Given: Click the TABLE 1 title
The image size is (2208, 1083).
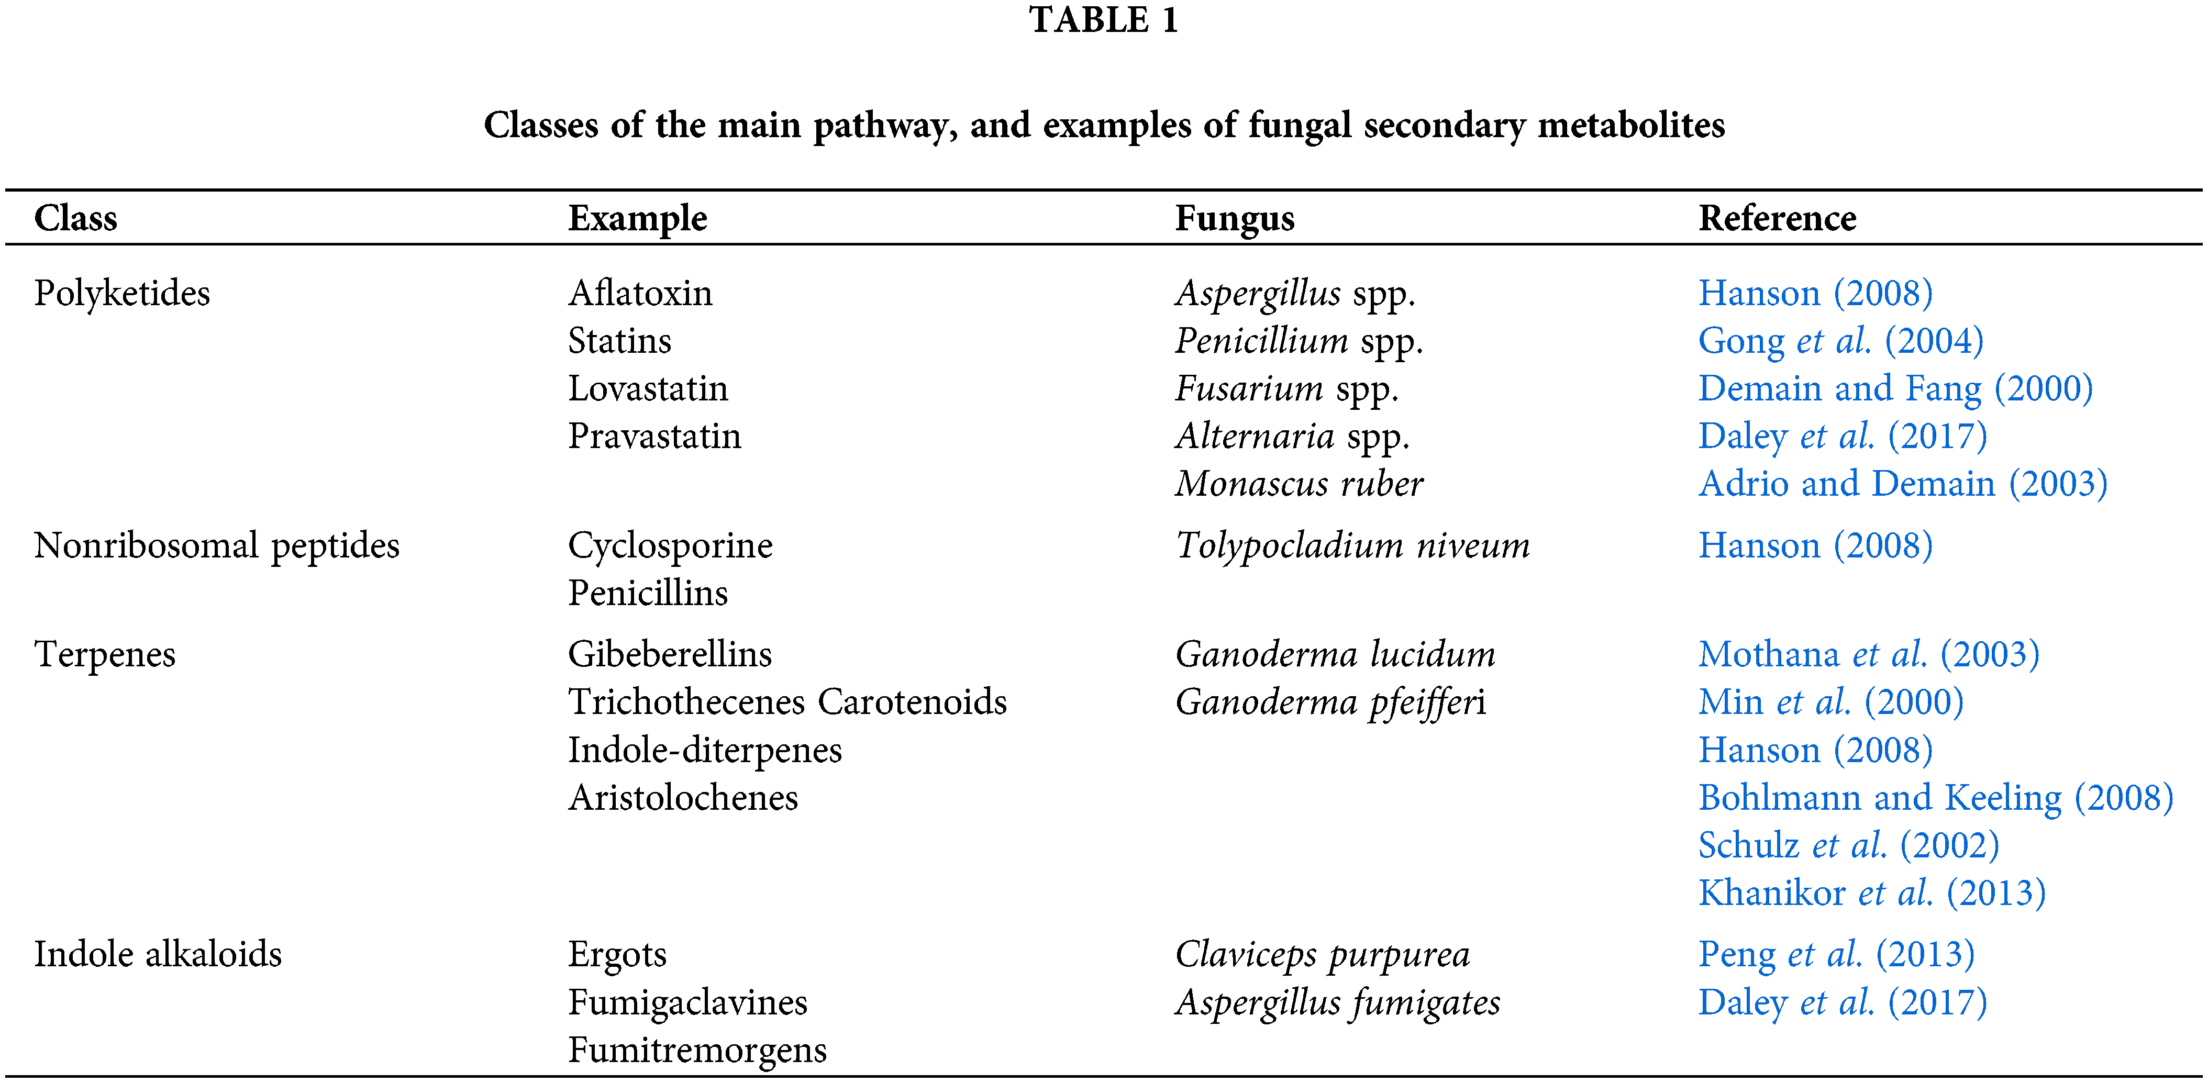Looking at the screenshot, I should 1103,20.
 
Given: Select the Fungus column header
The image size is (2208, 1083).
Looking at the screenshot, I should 1234,218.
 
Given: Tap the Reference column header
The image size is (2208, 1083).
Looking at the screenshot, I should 1777,218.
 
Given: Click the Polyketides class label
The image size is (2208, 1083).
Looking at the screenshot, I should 121,294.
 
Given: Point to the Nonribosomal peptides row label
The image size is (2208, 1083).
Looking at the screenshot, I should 217,546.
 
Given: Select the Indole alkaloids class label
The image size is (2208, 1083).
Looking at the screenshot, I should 158,954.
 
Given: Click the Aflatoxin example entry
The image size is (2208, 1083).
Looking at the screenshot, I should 639,294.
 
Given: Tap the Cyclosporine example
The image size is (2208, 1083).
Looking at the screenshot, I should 670,546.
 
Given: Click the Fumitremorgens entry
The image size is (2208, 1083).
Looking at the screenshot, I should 697,1051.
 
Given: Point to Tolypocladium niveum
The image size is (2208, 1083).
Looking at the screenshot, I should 1352,546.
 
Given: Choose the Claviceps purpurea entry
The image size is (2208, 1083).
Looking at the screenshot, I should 1322,954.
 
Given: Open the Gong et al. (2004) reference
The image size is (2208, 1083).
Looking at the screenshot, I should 1840,341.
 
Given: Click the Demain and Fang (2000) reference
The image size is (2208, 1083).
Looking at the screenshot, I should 1895,389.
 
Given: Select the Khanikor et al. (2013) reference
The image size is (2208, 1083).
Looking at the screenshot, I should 1872,894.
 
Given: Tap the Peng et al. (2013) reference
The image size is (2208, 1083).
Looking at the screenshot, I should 1836,954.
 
